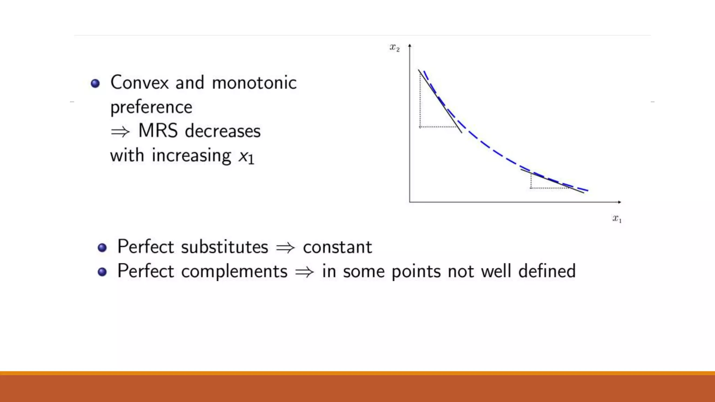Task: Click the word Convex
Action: [x=140, y=83]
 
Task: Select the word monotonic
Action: [x=254, y=83]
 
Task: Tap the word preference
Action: [x=151, y=107]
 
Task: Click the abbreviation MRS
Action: [x=158, y=131]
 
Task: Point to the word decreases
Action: [x=223, y=131]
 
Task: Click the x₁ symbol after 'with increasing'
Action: [x=246, y=156]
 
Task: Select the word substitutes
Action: [x=224, y=247]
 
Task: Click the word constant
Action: [x=337, y=247]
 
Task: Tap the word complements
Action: [x=234, y=271]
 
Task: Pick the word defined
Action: [x=547, y=271]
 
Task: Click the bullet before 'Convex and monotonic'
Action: [x=95, y=83]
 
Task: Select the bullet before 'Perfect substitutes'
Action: [x=102, y=248]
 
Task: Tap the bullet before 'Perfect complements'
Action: [x=102, y=272]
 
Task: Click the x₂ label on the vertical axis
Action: [x=395, y=47]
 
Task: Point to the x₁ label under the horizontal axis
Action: [x=617, y=219]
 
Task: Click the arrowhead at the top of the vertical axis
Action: [x=410, y=45]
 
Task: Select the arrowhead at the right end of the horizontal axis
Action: [x=619, y=202]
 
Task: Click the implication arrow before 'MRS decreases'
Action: [x=120, y=132]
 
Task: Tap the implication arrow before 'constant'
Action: [x=285, y=248]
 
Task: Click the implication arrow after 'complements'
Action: [x=304, y=272]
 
